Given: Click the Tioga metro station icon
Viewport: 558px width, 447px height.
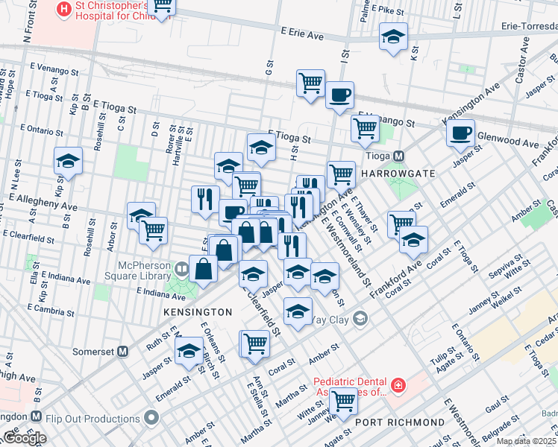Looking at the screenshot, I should pyautogui.click(x=399, y=156).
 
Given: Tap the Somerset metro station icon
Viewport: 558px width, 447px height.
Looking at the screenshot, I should pyautogui.click(x=124, y=351).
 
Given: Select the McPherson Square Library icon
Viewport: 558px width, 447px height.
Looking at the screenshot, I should pyautogui.click(x=181, y=267).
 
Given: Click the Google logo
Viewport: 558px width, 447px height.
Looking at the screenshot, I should pyautogui.click(x=24, y=437).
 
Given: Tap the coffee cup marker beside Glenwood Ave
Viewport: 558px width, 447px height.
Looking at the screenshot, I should pyautogui.click(x=460, y=133).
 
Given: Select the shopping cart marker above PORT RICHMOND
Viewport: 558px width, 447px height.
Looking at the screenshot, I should pyautogui.click(x=343, y=401).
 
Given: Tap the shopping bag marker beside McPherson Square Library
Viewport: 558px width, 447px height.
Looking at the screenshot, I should pyautogui.click(x=204, y=267).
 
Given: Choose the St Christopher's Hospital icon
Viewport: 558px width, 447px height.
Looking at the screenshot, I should pyautogui.click(x=65, y=10).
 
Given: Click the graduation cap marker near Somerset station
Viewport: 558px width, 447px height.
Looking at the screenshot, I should pyautogui.click(x=189, y=349).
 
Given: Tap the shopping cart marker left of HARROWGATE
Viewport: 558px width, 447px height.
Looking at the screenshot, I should pyautogui.click(x=341, y=174).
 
